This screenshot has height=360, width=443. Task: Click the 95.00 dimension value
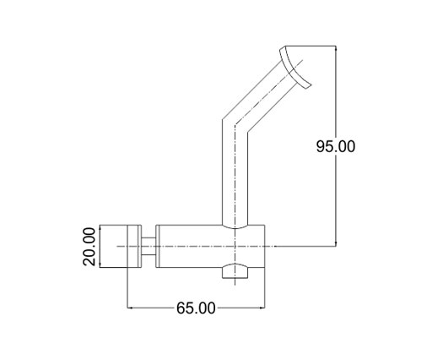coord(336,146)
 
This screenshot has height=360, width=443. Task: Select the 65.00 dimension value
coord(196,307)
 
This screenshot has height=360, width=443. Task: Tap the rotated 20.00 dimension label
coord(89,247)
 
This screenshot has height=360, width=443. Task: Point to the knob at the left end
coord(117,247)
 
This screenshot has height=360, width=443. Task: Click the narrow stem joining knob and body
coord(149,247)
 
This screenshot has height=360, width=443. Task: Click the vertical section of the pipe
coord(235,177)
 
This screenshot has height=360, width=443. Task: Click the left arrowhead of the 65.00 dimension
coord(130,308)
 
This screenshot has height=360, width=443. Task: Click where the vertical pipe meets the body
coord(235,226)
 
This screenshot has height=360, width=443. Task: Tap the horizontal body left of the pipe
coord(190,247)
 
